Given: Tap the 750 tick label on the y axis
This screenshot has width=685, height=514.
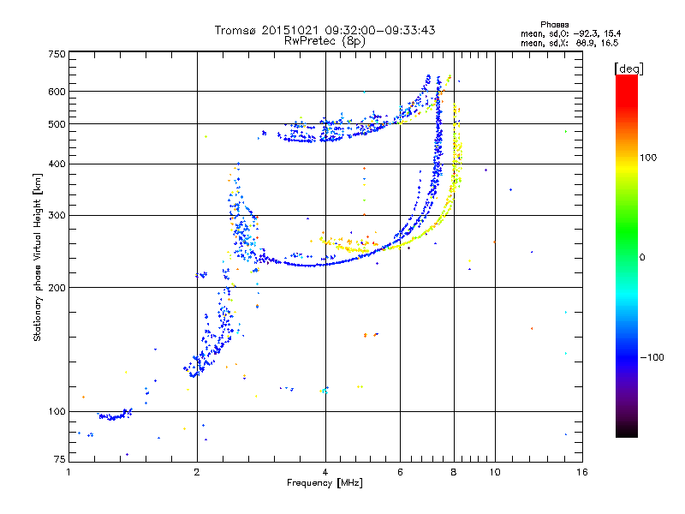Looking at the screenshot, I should (57, 54).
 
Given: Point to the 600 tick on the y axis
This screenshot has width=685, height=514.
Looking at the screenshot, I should (57, 91).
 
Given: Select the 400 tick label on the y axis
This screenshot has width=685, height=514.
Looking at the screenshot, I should (57, 164).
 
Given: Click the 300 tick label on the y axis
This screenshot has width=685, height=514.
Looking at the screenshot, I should (57, 215).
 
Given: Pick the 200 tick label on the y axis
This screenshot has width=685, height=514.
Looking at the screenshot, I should (57, 287).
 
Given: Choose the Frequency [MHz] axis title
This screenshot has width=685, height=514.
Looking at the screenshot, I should (325, 483).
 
